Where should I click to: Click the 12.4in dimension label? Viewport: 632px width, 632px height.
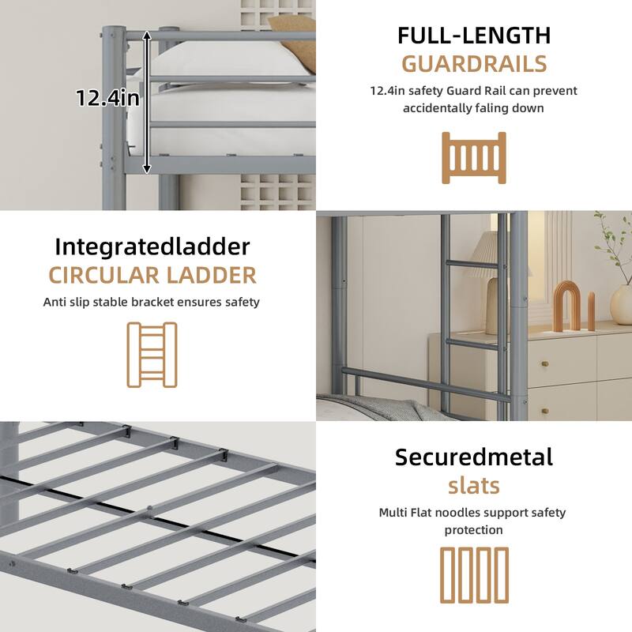point(107,98)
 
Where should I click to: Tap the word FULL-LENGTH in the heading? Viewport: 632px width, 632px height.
point(473,36)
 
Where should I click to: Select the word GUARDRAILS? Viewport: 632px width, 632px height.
point(473,63)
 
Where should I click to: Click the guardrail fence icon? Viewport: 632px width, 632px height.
point(473,158)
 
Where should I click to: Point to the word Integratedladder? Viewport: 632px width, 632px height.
point(152,246)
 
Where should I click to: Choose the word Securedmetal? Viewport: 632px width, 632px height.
point(473,457)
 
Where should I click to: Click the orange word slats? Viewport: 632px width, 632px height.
point(473,484)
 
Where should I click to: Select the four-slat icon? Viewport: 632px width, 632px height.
point(473,574)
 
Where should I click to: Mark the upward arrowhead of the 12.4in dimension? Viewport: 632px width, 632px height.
point(147,36)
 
